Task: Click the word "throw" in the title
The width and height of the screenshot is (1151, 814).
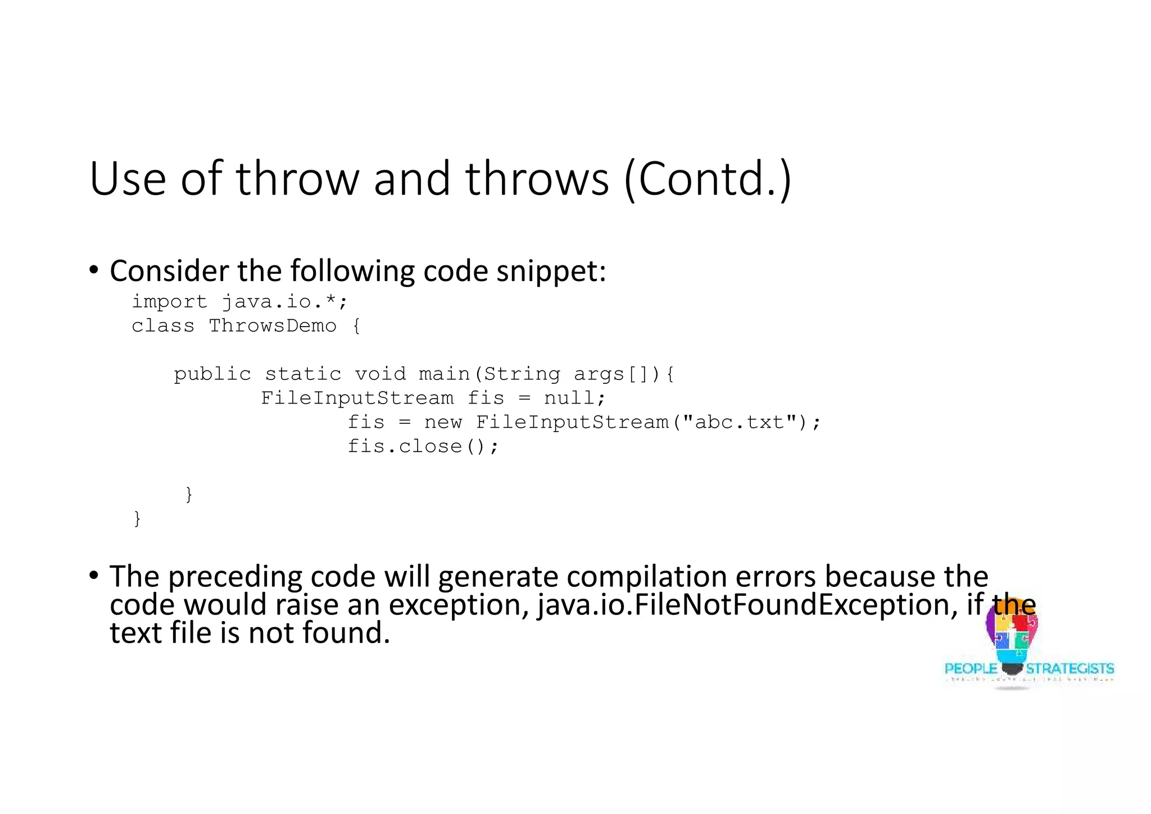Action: [297, 179]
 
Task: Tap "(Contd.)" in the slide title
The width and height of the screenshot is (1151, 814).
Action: [708, 179]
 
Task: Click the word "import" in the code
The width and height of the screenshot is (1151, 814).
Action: [169, 302]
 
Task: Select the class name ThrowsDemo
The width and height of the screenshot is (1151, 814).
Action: [273, 326]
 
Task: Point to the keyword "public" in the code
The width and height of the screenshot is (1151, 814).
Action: [212, 374]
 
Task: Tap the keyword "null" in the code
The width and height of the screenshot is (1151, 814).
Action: [569, 399]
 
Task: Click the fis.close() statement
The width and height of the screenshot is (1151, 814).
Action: [423, 446]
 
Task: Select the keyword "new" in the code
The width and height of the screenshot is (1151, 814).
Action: [443, 422]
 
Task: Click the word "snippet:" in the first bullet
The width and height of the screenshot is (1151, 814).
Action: [551, 272]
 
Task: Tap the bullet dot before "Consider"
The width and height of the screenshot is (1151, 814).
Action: [94, 270]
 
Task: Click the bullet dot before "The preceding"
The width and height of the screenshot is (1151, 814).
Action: [94, 575]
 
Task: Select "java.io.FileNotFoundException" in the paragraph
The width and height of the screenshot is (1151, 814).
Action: [747, 605]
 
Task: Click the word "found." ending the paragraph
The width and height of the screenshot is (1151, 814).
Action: [346, 633]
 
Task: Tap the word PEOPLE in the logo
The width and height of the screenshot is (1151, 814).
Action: [971, 669]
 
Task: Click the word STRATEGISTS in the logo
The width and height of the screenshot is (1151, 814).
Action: [1070, 669]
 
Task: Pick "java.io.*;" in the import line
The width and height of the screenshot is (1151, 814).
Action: [284, 302]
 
